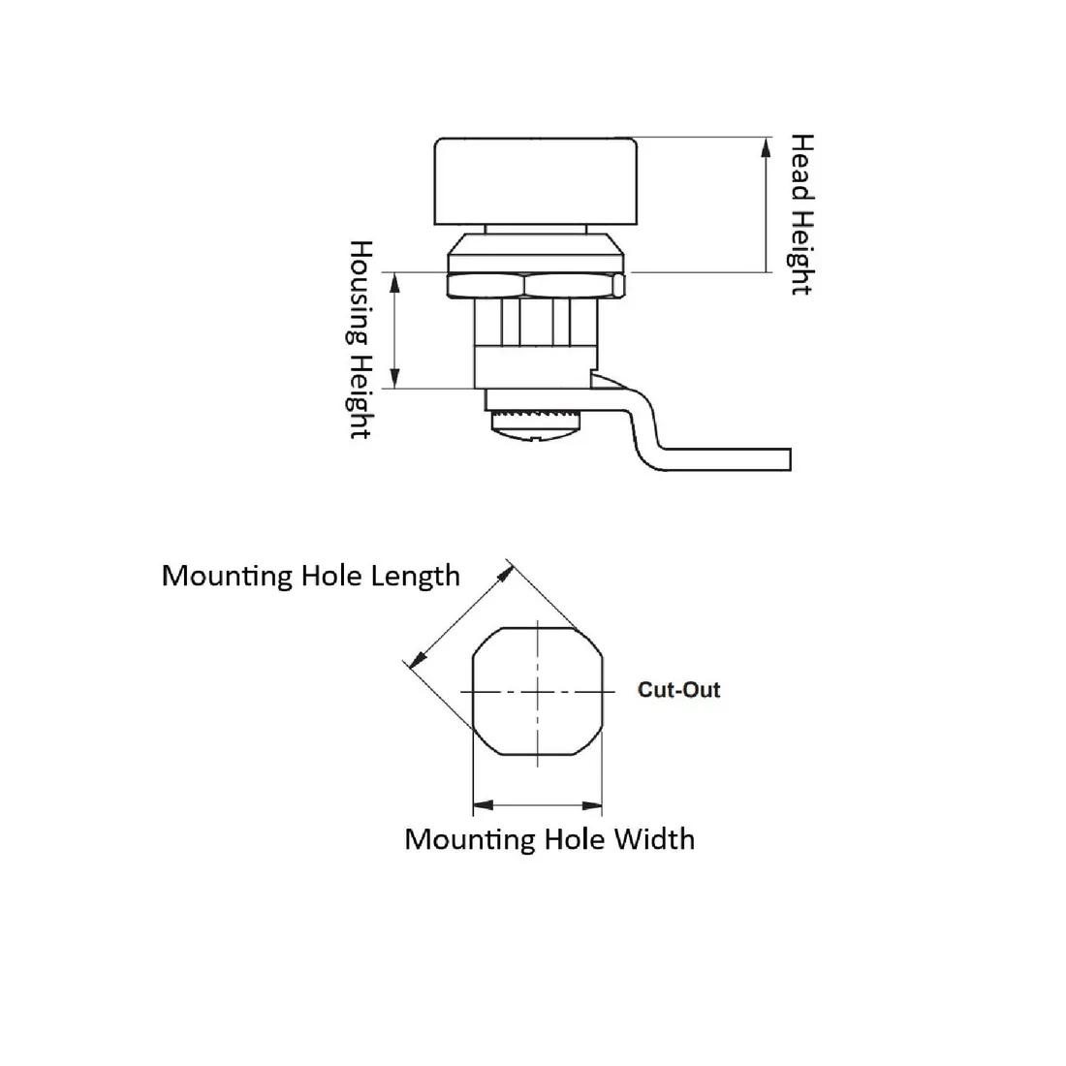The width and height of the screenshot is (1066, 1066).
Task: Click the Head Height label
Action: tap(801, 214)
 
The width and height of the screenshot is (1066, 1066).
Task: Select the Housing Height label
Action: tap(361, 339)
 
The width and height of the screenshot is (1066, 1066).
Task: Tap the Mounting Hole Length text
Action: tap(311, 576)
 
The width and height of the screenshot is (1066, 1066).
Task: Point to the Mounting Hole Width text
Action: tap(549, 839)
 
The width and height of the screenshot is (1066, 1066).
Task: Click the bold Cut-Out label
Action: tap(678, 690)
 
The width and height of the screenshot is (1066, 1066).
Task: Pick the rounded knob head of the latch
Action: tap(536, 181)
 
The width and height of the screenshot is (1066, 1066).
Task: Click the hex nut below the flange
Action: tap(536, 286)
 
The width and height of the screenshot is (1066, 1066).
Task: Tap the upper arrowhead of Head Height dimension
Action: tap(767, 147)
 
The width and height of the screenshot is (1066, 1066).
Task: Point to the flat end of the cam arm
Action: tap(789, 459)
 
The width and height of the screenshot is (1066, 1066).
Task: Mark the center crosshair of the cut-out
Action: tap(538, 692)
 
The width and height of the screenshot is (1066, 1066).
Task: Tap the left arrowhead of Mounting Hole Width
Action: tap(483, 805)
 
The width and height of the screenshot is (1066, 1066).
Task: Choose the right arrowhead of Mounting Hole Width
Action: tap(592, 805)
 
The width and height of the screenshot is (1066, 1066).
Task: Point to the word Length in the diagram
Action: tap(416, 576)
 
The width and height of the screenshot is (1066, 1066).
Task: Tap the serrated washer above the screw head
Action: tap(535, 414)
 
